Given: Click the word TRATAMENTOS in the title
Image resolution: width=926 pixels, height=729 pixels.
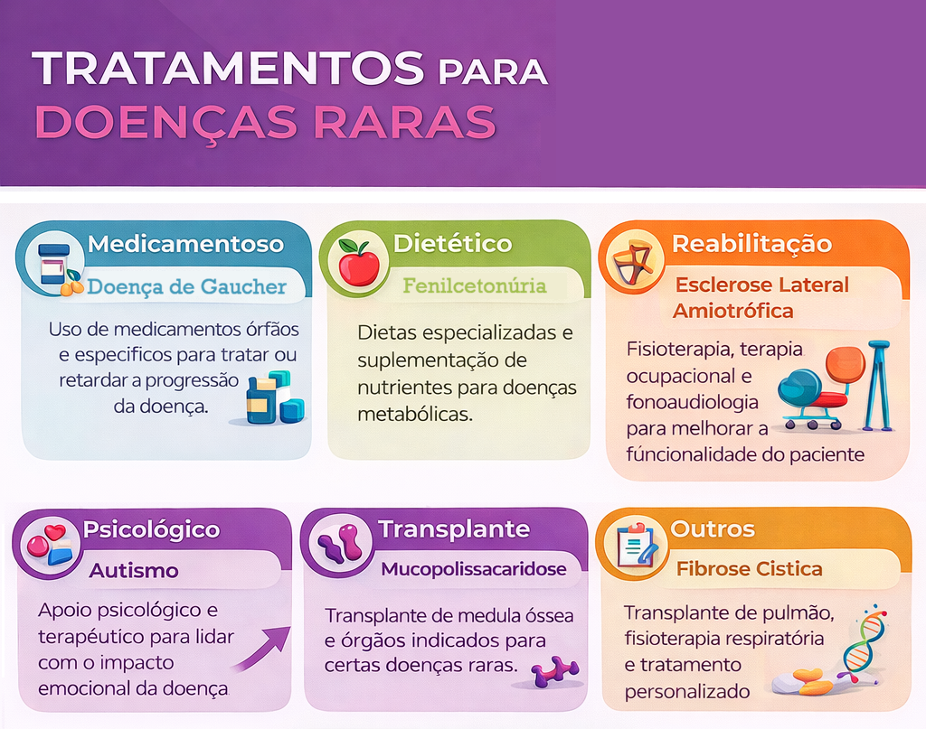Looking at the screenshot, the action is tap(228, 68).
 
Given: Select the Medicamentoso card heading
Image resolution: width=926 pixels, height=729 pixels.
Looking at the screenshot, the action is tap(186, 244).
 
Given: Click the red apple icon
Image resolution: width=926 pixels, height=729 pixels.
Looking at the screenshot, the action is tap(358, 263).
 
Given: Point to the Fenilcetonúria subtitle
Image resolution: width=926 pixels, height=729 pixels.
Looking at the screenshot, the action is tap(475, 286).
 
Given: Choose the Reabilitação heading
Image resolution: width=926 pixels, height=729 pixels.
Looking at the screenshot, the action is tap(751, 244).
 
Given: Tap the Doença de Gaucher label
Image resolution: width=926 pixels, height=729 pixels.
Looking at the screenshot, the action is tap(186, 286).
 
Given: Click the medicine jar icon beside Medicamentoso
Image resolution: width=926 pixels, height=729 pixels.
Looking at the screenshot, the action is tap(54, 265).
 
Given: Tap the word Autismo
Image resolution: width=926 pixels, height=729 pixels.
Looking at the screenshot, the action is tap(134, 570).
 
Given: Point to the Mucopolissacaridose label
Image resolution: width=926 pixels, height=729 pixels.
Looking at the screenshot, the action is tap(474, 569).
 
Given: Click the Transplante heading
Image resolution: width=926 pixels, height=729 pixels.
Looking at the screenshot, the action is tap(454, 529).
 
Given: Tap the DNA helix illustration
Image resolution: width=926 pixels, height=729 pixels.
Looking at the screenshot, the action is tap(864, 643).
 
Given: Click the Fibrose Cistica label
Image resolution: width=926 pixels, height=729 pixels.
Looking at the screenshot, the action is tap(750, 568).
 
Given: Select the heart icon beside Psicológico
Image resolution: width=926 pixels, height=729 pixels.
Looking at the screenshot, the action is tap(55, 532).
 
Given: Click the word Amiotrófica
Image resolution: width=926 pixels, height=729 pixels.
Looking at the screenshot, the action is tap(732, 311).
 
